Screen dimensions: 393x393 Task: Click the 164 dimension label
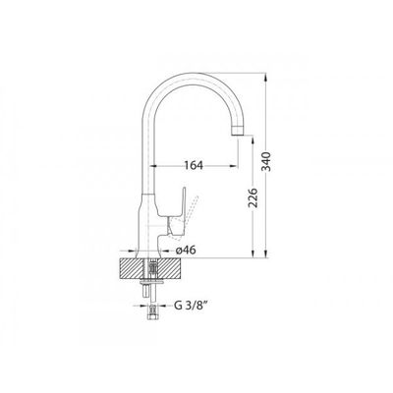pyautogui.click(x=194, y=165)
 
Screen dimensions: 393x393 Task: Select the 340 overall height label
pyautogui.click(x=267, y=161)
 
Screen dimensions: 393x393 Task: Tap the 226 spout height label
pyautogui.click(x=253, y=197)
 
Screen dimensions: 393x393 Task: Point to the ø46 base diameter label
pyautogui.click(x=186, y=251)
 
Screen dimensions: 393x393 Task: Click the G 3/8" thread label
pyautogui.click(x=192, y=306)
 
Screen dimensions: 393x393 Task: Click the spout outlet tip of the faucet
pyautogui.click(x=238, y=132)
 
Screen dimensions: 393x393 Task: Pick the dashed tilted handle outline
pyautogui.click(x=190, y=212)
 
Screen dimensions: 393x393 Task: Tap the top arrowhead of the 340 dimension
pyautogui.click(x=266, y=77)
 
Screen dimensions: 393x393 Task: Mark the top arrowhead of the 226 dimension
pyautogui.click(x=253, y=140)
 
